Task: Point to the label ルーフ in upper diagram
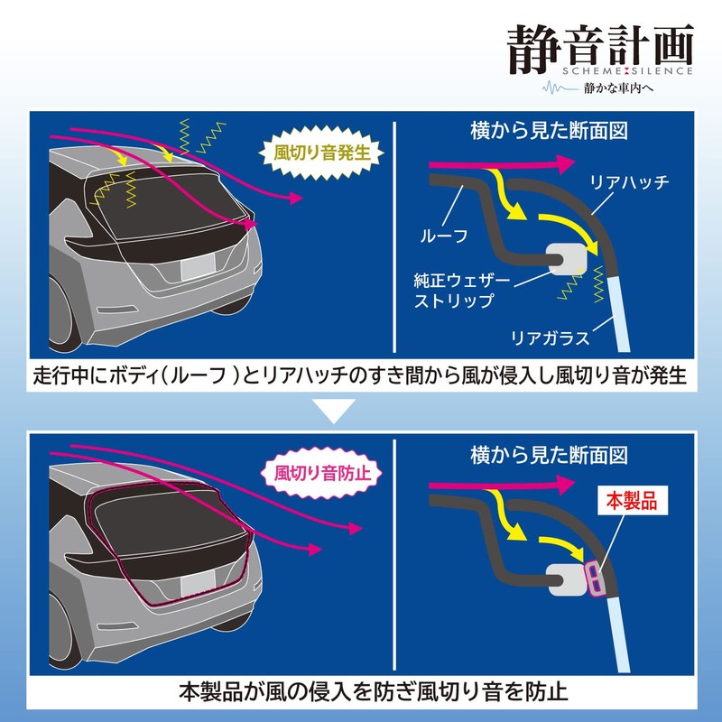[x=443, y=238]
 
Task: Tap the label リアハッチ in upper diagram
[x=629, y=183]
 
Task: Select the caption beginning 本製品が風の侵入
[x=361, y=693]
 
